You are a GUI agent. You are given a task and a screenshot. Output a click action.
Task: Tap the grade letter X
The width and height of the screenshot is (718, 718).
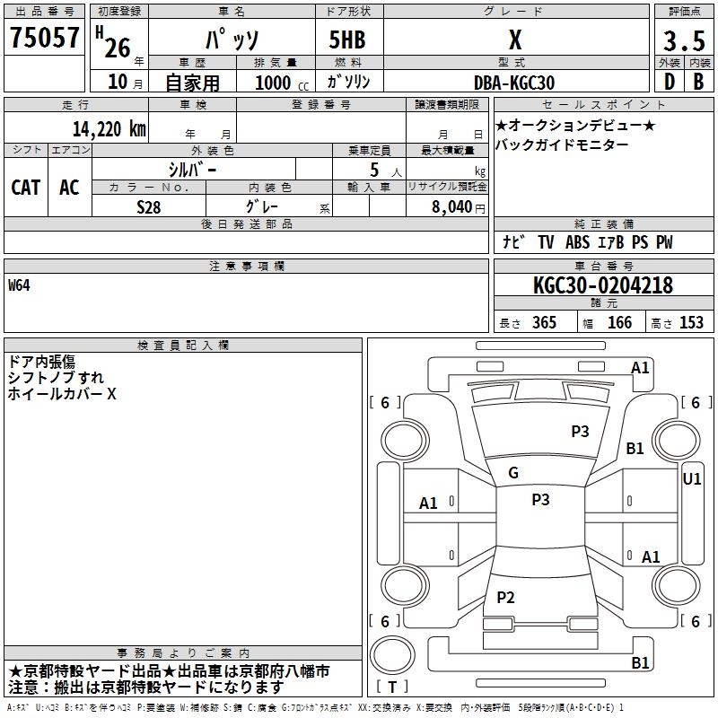coord(514,39)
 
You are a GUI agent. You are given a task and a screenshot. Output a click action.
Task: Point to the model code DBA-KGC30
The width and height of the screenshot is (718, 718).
coord(514,82)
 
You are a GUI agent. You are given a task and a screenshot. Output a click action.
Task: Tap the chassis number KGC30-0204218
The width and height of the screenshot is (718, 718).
coord(602,285)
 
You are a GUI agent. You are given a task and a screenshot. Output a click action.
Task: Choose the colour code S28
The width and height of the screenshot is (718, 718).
coord(149,206)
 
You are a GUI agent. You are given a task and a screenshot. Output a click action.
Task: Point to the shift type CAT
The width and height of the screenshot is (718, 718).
coord(26,187)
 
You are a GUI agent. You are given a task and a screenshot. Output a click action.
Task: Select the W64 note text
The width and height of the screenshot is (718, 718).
coord(20,285)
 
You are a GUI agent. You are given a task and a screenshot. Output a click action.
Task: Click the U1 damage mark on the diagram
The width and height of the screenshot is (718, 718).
coord(692,479)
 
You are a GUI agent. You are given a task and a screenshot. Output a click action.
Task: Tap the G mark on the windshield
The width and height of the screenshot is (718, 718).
coord(513,473)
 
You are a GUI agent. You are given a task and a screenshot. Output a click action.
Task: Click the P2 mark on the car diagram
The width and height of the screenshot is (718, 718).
coord(506,598)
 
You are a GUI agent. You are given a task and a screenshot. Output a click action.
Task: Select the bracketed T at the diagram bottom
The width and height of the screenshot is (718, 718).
coord(392,687)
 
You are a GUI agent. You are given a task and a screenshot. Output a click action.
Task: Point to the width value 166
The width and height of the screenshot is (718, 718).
coord(619,323)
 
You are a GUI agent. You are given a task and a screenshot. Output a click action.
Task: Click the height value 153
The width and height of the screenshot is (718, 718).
coord(691,323)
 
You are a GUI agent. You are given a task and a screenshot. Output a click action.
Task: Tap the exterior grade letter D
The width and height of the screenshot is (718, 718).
coord(669,83)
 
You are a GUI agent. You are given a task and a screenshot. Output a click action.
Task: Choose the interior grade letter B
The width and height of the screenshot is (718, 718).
coord(698,83)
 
